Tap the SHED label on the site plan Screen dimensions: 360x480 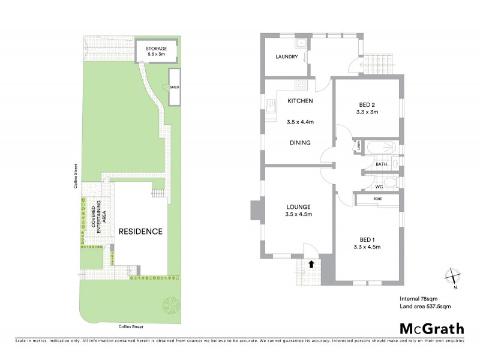175,88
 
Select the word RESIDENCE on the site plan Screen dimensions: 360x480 140,231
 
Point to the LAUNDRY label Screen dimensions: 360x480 286,57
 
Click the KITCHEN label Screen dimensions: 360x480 300,101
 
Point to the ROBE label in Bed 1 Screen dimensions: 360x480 377,199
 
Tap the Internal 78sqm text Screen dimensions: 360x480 419,298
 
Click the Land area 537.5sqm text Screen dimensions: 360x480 425,306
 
